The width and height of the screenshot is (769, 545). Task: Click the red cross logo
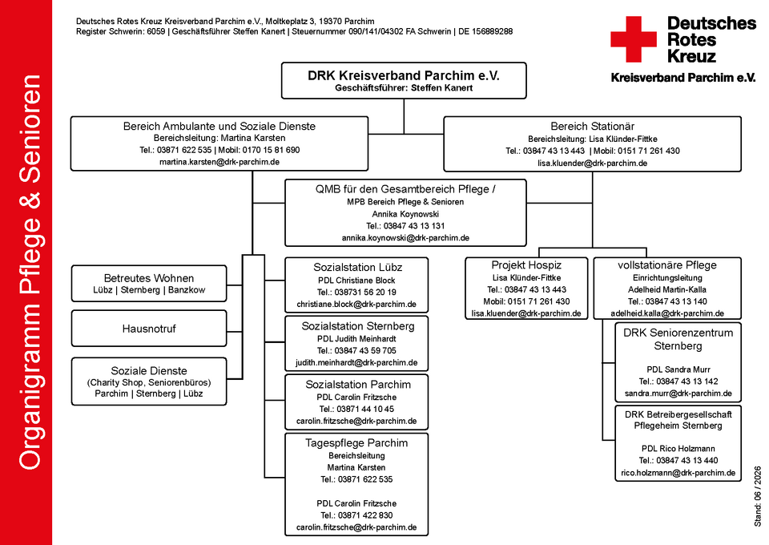(633, 39)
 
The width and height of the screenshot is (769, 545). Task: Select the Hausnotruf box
(149, 329)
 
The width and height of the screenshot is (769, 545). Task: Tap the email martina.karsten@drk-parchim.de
(219, 162)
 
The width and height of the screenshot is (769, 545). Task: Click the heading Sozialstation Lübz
(357, 268)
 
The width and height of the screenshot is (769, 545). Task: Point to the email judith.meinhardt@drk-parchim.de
(356, 363)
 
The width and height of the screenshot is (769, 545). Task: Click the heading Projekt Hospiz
(526, 265)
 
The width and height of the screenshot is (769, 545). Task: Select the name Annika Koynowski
(405, 214)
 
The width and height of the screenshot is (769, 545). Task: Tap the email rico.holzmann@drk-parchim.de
(678, 473)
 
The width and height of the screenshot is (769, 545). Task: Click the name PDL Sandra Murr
(678, 369)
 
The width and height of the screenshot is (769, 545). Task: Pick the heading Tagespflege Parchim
(356, 443)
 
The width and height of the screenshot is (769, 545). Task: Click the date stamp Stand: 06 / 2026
(758, 496)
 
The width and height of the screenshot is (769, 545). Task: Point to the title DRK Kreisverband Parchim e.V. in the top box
(404, 75)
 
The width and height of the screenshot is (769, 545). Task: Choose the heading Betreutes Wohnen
(149, 278)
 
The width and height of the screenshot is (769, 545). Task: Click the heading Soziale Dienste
(149, 371)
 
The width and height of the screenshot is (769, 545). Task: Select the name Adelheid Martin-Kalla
(667, 289)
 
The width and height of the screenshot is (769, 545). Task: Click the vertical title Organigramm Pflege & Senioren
(30, 272)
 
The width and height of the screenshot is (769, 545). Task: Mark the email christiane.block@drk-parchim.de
(356, 304)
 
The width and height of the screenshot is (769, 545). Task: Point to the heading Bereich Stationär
(593, 126)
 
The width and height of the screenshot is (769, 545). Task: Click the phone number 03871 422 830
(365, 515)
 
